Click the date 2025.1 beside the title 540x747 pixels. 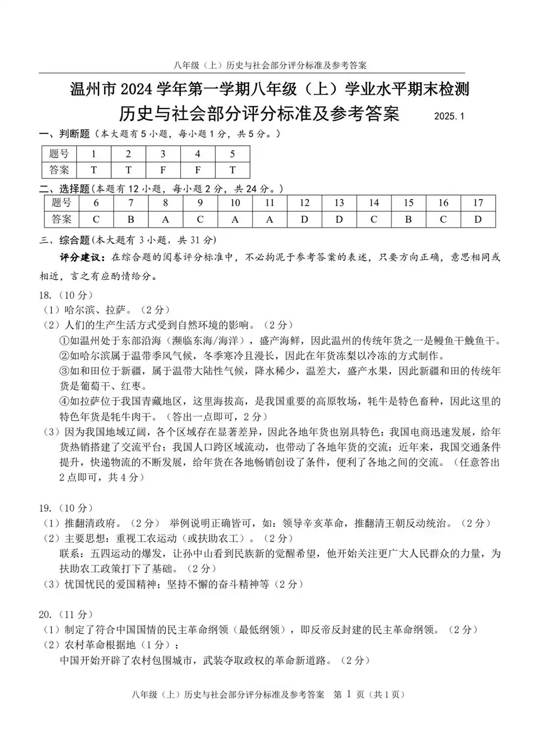[x=449, y=116]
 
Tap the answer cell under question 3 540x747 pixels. [x=163, y=170]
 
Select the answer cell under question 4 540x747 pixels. [x=198, y=170]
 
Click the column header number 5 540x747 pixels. [x=232, y=154]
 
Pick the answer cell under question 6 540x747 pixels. [x=96, y=219]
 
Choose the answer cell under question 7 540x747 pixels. [x=131, y=219]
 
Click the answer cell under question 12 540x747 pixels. [x=305, y=219]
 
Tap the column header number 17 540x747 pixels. [x=478, y=203]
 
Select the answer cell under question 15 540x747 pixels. [x=408, y=219]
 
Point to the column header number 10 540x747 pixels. [x=235, y=203]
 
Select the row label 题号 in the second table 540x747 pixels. [x=61, y=203]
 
